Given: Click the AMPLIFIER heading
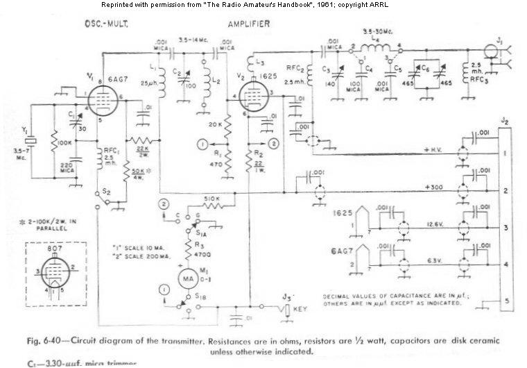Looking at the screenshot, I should tap(250, 24).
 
